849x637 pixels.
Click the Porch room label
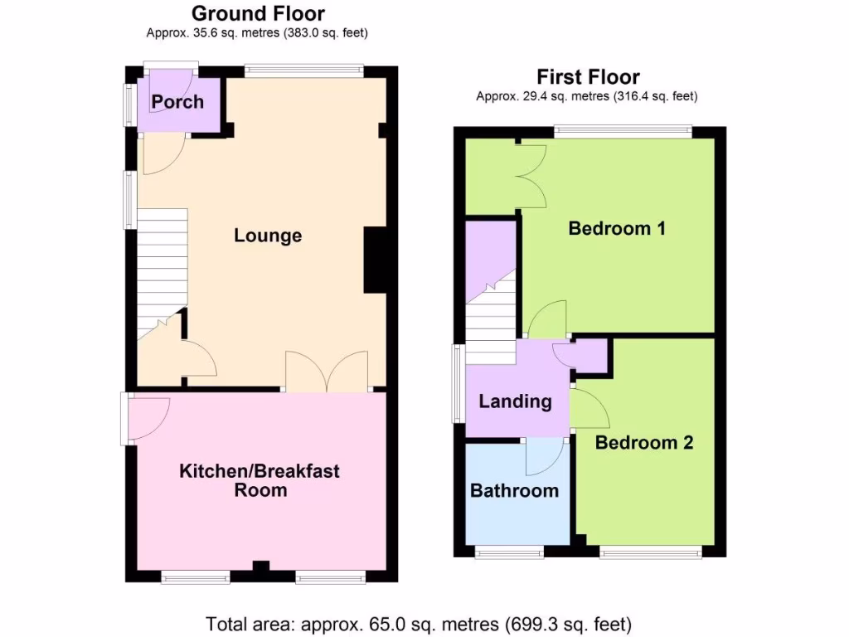pos(177,102)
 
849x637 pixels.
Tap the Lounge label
pos(267,236)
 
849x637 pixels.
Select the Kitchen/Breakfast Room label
pos(260,480)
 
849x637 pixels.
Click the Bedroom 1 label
pos(617,228)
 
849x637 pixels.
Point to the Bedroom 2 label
pos(643,442)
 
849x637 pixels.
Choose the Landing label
pos(515,401)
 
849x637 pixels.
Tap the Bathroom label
pos(514,490)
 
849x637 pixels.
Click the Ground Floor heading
pos(258,13)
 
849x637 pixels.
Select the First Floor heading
pos(588,77)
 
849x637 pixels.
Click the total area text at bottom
pos(419,623)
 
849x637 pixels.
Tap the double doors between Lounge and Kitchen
pos(327,372)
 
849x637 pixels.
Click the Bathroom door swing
pos(545,454)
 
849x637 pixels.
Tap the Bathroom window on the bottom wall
pos(509,552)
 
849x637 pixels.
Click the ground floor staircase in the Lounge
pos(162,265)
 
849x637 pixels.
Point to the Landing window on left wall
pos(457,384)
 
